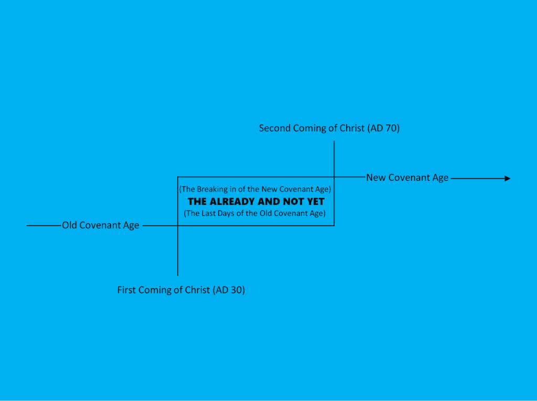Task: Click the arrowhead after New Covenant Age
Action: [508, 178]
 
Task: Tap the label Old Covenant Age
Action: [100, 225]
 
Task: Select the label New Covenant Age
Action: [407, 178]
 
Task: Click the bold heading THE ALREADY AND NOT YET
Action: [256, 201]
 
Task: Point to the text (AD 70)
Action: [383, 128]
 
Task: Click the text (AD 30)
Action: [229, 290]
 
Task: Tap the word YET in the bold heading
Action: [315, 201]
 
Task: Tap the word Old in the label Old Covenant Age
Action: [69, 225]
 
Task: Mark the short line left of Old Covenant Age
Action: [44, 226]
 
